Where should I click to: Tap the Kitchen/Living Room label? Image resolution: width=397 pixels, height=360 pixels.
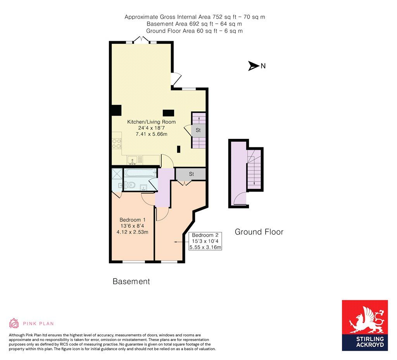[x=151, y=122]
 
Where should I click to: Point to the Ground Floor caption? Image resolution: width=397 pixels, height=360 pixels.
[x=259, y=232]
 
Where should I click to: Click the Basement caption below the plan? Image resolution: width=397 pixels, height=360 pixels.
[x=131, y=281]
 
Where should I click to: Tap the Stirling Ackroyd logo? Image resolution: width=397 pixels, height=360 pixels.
[x=364, y=325]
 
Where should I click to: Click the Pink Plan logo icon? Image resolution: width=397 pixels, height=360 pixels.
[x=14, y=323]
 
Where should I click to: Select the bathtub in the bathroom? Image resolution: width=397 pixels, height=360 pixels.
[x=140, y=172]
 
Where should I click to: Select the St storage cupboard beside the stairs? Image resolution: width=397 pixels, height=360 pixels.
[x=198, y=130]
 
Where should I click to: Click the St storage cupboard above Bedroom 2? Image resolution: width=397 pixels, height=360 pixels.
[x=191, y=174]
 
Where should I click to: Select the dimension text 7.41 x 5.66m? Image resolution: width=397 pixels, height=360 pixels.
[x=151, y=134]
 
